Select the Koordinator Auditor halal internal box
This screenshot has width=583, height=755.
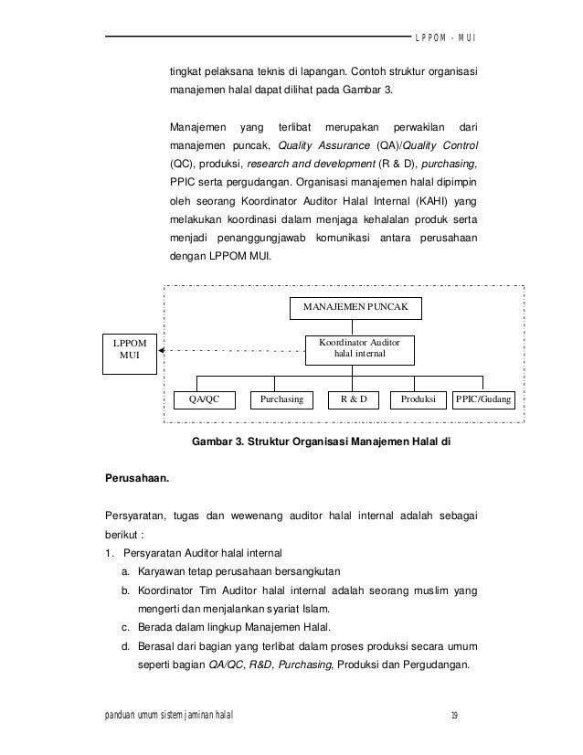pyautogui.click(x=360, y=347)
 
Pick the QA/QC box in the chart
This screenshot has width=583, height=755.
pyautogui.click(x=204, y=399)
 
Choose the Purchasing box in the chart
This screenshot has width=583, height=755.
pyautogui.click(x=282, y=399)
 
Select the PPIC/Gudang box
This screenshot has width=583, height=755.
pyautogui.click(x=484, y=399)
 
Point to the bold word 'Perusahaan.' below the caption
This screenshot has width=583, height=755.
pyautogui.click(x=136, y=476)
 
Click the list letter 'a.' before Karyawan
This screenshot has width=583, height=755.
pyautogui.click(x=124, y=571)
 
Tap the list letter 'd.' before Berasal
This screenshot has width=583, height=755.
pyautogui.click(x=124, y=645)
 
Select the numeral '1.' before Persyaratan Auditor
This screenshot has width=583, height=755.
pyautogui.click(x=111, y=552)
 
